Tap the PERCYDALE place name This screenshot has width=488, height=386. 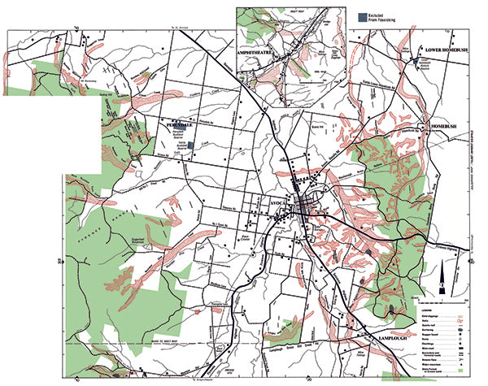(x=177, y=127)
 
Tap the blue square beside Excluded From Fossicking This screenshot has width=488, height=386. (x=362, y=15)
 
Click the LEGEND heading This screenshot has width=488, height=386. (x=429, y=310)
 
